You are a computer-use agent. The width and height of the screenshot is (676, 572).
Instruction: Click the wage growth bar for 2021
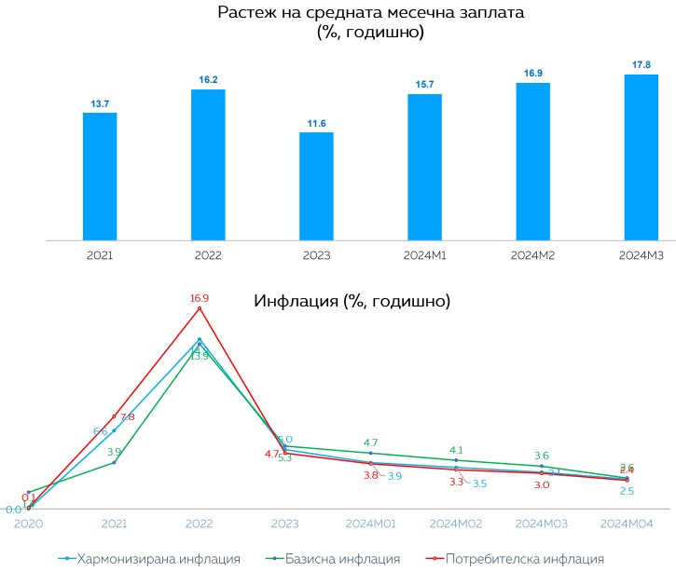coord(100,176)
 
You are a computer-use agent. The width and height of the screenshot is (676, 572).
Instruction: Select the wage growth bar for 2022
coord(208,165)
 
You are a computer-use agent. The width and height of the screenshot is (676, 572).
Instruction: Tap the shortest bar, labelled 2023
coord(316,185)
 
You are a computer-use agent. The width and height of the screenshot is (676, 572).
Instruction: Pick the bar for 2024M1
coord(424,167)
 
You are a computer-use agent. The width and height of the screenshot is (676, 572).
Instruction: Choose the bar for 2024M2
coord(532,161)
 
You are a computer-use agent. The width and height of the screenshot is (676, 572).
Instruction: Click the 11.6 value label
coord(316,123)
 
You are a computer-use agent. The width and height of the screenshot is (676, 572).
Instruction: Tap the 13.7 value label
coord(100,103)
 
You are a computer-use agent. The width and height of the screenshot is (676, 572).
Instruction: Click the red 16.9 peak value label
coord(200,299)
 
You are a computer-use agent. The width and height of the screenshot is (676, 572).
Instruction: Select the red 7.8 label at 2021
coord(127,417)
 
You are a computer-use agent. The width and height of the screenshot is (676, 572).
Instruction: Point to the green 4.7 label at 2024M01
coord(370,443)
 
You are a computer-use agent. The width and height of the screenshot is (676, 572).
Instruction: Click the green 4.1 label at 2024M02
coord(457,450)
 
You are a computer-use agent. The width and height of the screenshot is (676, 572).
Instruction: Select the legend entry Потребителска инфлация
coord(525,559)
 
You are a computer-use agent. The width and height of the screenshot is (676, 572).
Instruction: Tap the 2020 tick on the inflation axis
coord(28,524)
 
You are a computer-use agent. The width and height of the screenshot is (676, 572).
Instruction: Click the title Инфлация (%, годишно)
coord(352,302)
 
